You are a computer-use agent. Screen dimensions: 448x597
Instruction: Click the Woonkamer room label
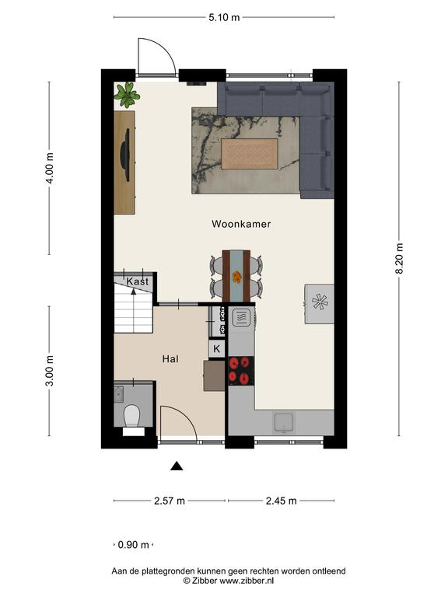[241, 224]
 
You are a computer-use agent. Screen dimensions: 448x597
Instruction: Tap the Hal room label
[170, 359]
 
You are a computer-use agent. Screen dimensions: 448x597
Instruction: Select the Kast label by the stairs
[138, 281]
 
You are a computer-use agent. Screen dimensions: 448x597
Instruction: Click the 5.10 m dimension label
[224, 17]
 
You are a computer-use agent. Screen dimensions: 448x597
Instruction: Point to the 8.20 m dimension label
[399, 259]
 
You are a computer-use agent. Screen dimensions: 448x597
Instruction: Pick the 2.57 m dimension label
[170, 501]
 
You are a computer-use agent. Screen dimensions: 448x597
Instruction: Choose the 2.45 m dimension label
[281, 501]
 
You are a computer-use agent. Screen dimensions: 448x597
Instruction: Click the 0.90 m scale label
[133, 545]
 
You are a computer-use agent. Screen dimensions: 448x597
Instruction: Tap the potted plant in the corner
[127, 95]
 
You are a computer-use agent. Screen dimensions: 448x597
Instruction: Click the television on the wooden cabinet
[125, 155]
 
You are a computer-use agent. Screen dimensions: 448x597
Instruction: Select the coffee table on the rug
[250, 154]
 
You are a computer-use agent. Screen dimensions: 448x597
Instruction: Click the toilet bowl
[132, 415]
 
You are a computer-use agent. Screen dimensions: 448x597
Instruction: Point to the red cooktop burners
[241, 371]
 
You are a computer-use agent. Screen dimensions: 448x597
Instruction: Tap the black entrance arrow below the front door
[177, 466]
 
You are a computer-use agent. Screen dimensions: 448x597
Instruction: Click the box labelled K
[217, 348]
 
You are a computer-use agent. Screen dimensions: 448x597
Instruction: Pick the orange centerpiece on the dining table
[236, 277]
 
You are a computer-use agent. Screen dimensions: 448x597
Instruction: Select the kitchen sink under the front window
[284, 422]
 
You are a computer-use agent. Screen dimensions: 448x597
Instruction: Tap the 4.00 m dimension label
[49, 168]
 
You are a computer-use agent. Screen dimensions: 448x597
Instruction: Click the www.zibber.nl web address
[247, 581]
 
